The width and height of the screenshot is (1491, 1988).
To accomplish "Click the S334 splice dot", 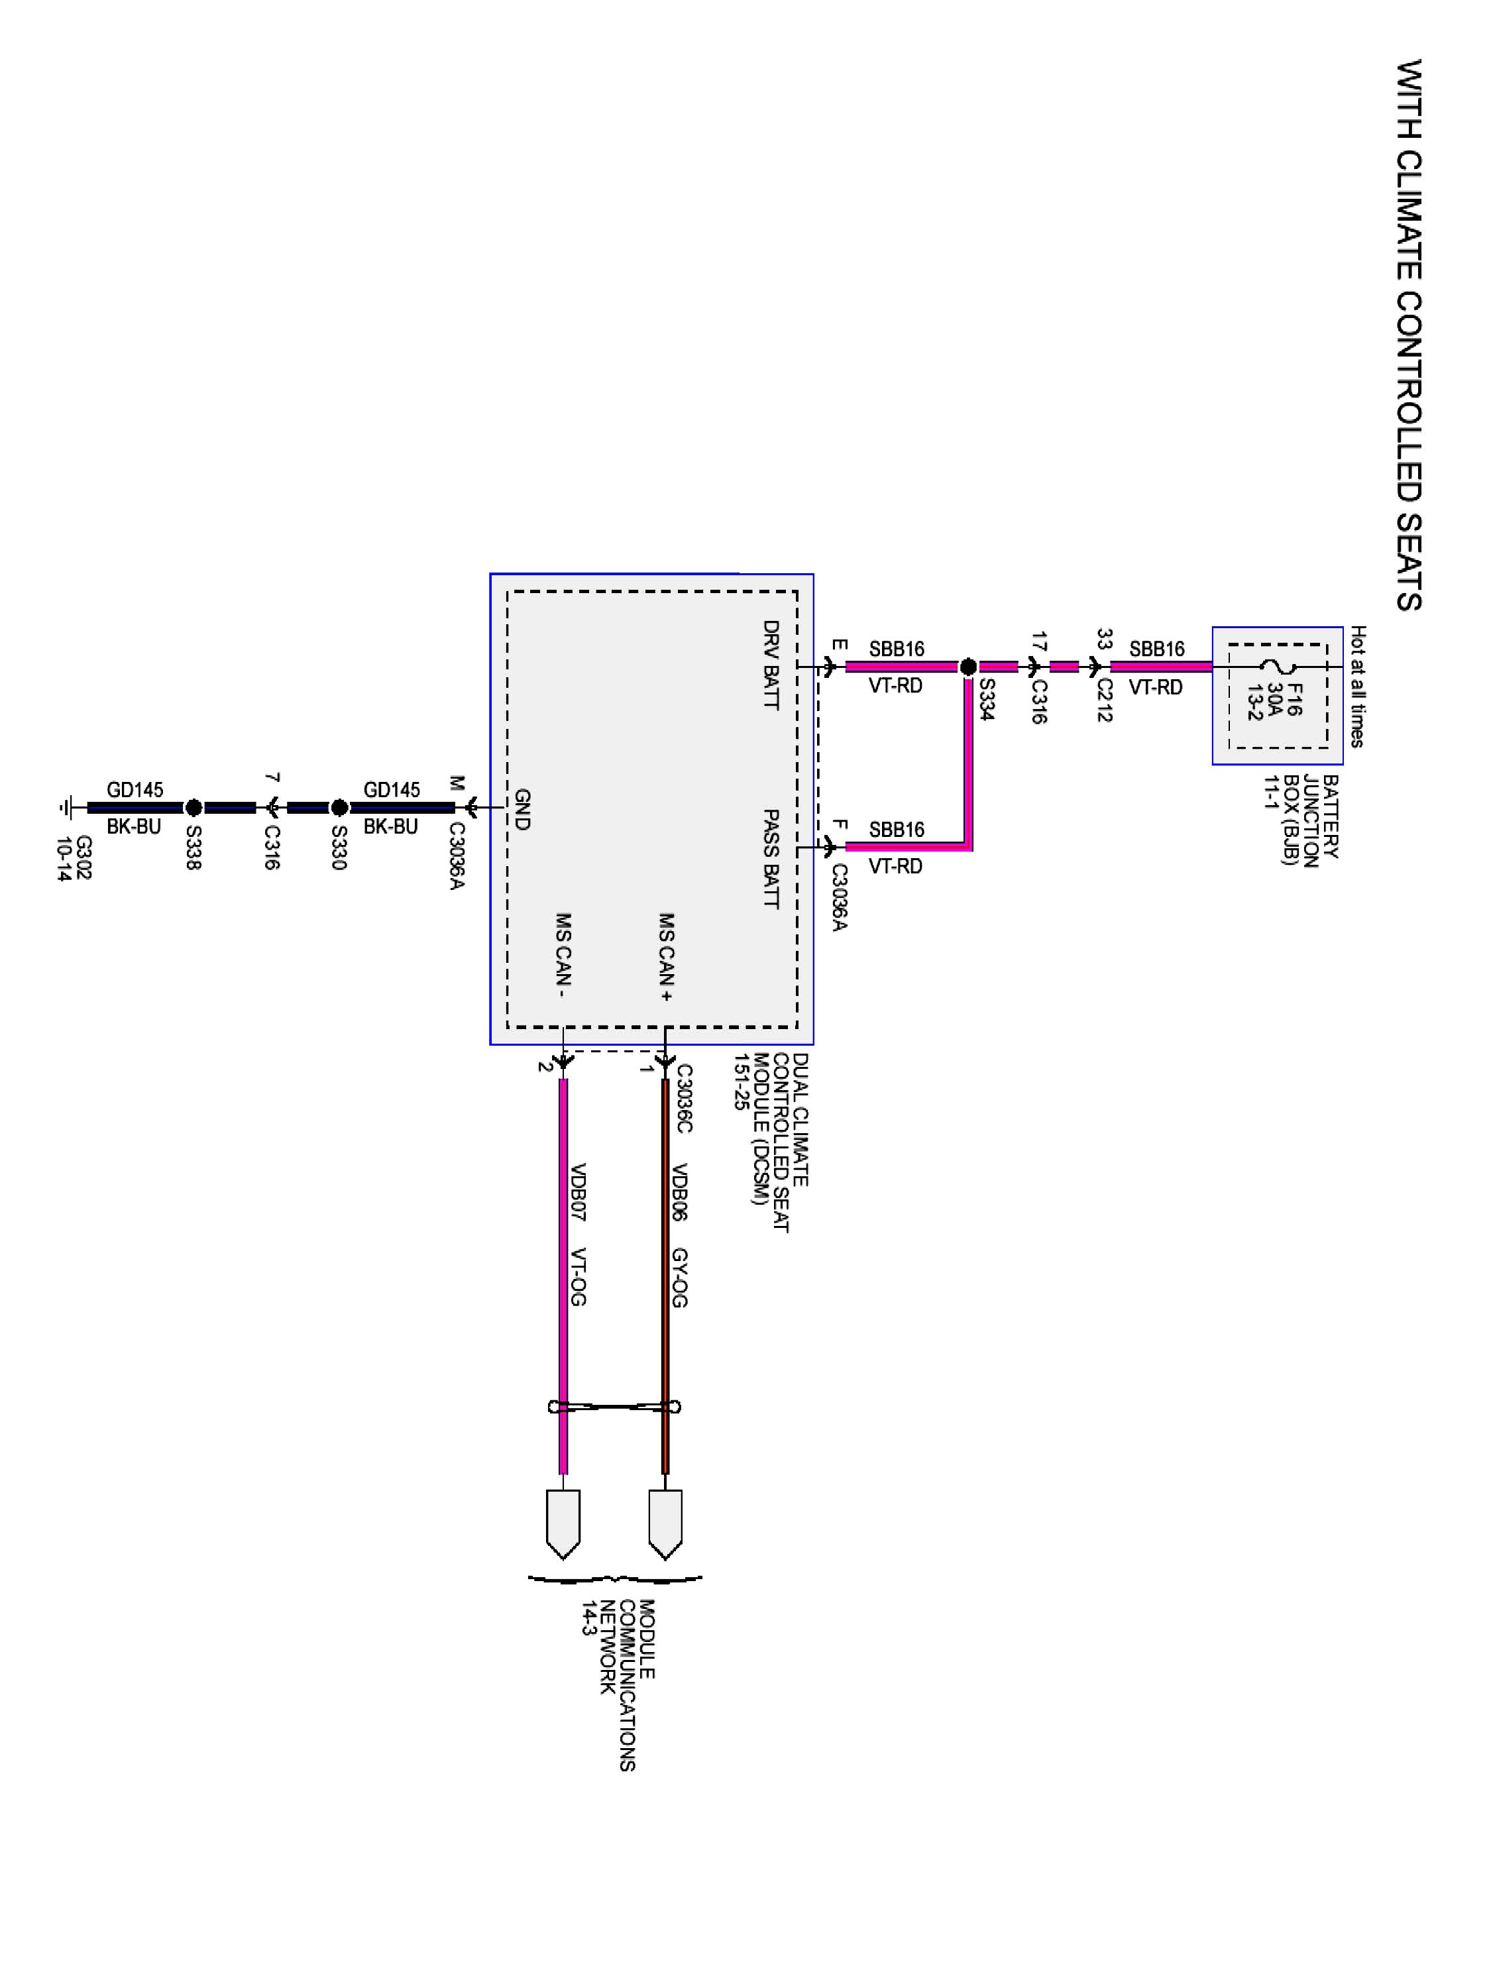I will click(968, 667).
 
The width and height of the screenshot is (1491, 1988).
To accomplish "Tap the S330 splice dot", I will click(339, 807).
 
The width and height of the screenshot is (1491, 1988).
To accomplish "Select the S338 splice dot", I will click(193, 807).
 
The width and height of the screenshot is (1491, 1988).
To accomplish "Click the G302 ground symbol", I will click(65, 807).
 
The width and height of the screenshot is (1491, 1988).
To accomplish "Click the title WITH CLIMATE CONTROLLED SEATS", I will click(1409, 335).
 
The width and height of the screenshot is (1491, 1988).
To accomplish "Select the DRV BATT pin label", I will click(770, 665).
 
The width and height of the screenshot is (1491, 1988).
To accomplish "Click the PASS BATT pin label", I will click(770, 858).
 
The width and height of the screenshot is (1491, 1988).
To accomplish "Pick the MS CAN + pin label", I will click(666, 957).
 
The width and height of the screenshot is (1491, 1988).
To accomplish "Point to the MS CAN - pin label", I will click(563, 957).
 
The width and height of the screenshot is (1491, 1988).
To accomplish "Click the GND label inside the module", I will click(522, 809).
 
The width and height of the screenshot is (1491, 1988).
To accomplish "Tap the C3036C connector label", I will click(684, 1098).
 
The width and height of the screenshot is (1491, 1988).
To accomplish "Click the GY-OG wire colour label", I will click(681, 1277).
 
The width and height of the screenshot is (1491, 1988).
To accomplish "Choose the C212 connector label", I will click(1105, 700).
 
